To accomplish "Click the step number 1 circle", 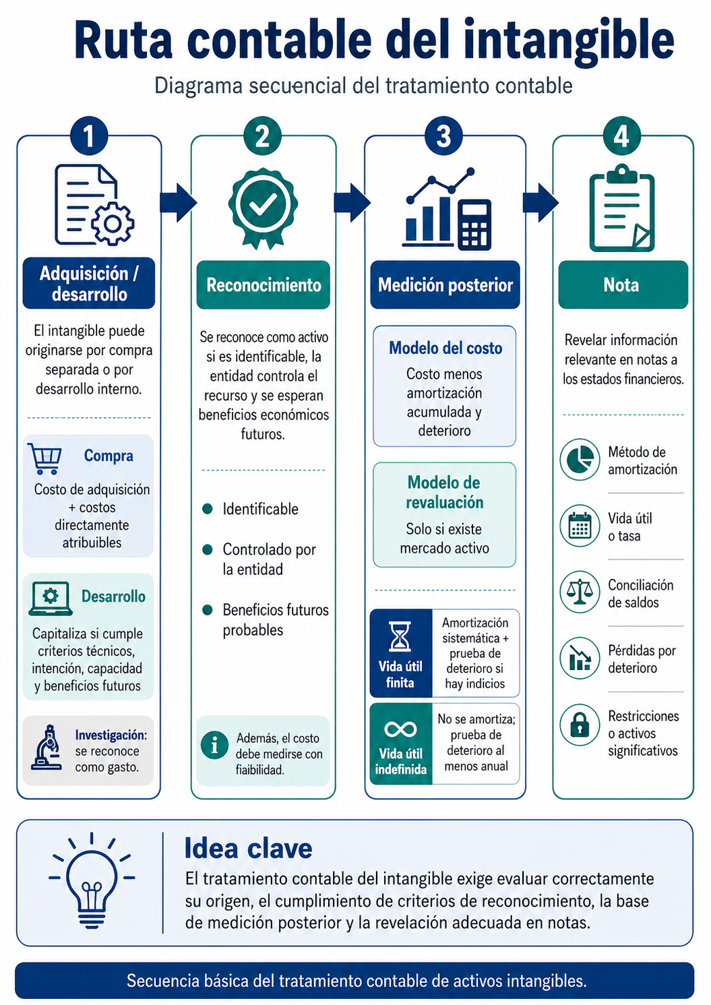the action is pos(89,135).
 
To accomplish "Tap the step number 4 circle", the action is pos(621,135).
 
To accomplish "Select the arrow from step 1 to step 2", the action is pos(179,202).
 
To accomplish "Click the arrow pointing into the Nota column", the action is pos(540,202).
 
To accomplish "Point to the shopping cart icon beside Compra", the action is pos(44,458).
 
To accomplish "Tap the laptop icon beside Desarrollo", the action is pos(51,599).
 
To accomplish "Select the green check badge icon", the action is pos(263,208).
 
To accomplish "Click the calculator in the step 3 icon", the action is pos(474,224).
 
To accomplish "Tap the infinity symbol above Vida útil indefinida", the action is pos(400,729).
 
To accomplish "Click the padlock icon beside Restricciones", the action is pos(580,725).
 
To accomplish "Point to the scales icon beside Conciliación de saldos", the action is pos(580,592).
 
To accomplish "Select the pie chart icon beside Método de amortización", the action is pos(580,460).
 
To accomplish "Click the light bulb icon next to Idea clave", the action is pos(92,880).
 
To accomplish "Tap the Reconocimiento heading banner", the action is pos(264,285).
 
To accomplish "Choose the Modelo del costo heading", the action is pos(445,348).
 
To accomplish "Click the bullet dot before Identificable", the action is pos(208,509).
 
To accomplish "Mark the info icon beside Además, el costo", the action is pos(214,745).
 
